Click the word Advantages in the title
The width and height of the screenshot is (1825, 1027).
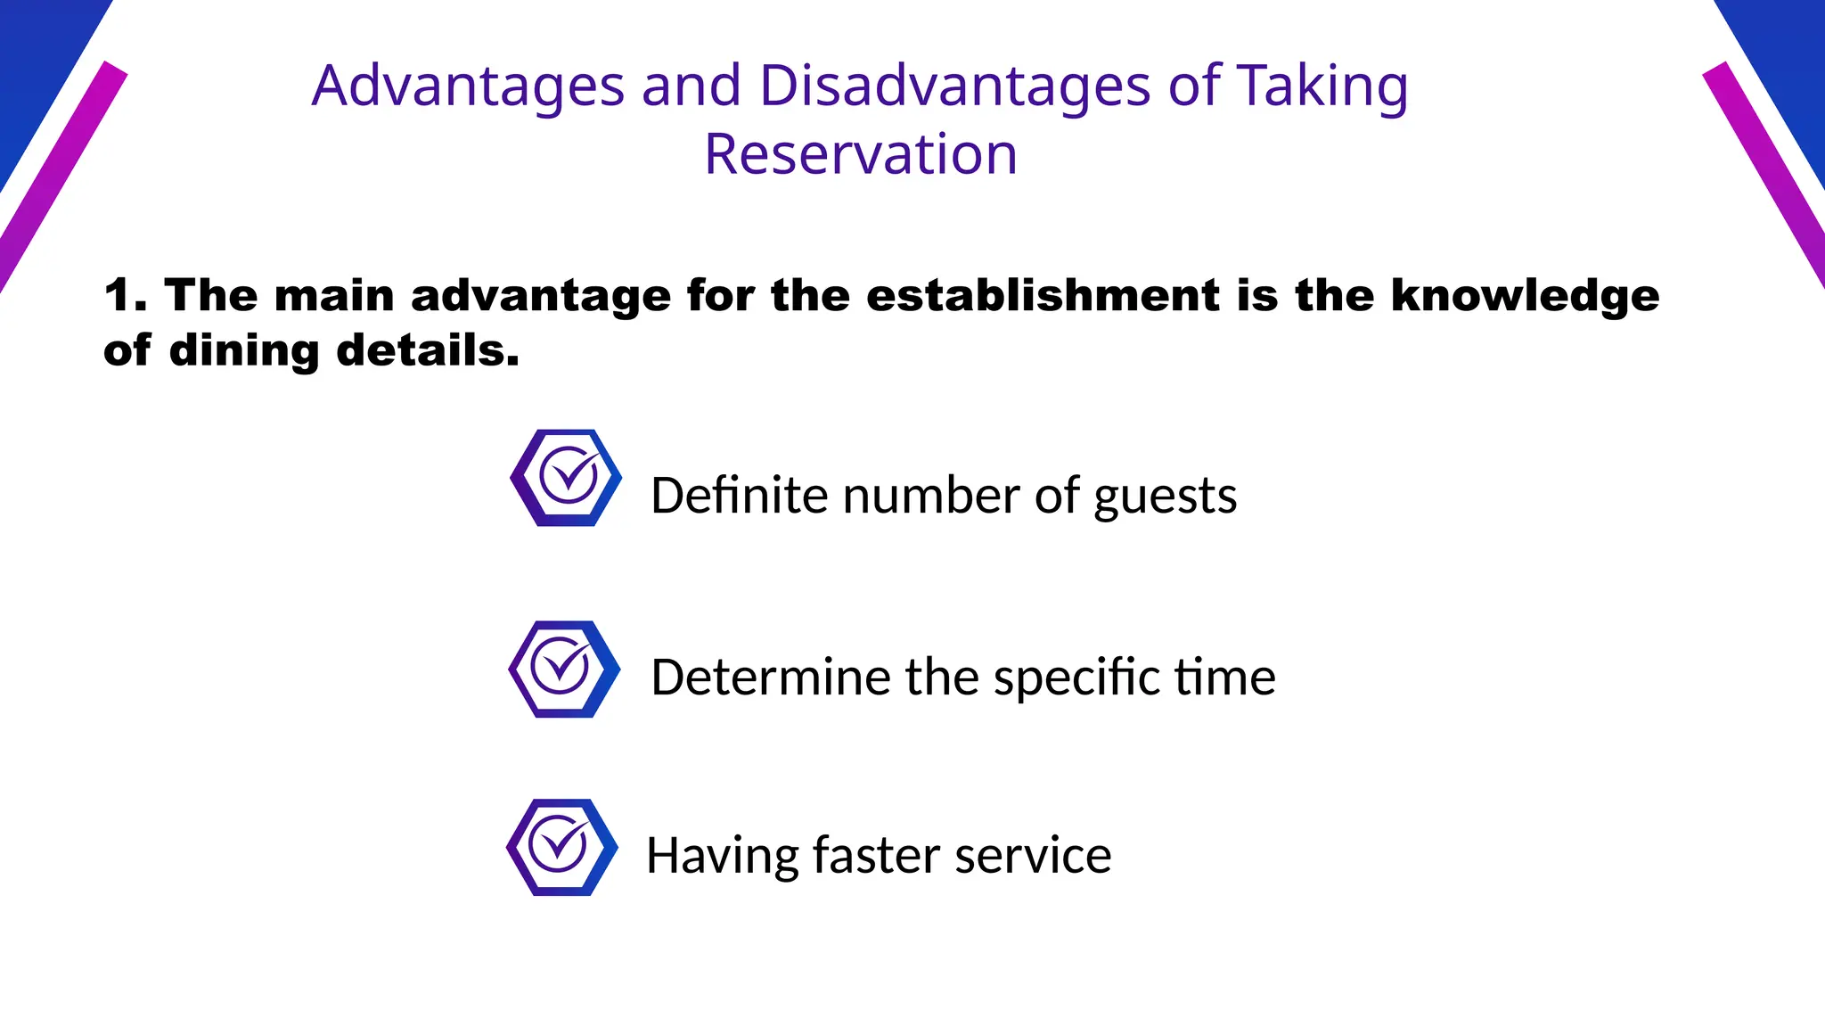[468, 86]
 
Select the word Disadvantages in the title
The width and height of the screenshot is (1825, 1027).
[954, 86]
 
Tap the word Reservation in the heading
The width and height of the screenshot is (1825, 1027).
[860, 154]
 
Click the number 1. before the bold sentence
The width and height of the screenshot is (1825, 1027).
[125, 295]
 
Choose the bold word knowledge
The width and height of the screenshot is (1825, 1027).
[1525, 295]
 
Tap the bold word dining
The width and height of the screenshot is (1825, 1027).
[243, 350]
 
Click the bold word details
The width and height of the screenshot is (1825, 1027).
[428, 350]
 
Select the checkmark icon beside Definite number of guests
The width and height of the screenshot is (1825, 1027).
[566, 478]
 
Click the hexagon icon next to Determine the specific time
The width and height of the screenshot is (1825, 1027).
[564, 669]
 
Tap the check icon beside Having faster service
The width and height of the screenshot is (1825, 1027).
[561, 847]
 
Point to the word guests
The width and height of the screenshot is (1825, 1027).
[1165, 496]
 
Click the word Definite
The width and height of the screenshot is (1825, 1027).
[737, 496]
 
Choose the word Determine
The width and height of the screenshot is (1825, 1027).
[770, 678]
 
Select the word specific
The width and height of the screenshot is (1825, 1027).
[1076, 678]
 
